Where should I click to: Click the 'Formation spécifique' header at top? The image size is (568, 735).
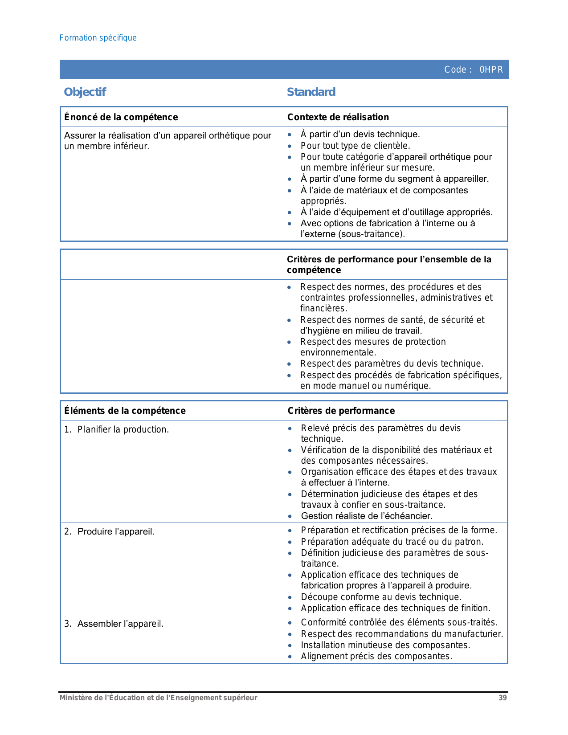tap(98, 38)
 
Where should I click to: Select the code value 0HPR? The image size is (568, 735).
tap(491, 70)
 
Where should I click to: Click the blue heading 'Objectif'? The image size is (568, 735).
tap(85, 92)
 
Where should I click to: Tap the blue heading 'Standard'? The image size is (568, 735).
tap(311, 92)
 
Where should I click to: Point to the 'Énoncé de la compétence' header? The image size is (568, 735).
tap(121, 117)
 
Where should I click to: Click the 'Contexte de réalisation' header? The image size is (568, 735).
tap(338, 117)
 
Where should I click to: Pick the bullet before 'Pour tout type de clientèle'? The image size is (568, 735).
tap(290, 146)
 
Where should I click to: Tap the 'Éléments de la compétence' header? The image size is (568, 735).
tap(125, 411)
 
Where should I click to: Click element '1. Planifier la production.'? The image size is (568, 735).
tap(116, 430)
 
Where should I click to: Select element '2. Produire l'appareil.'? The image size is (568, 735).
tap(109, 532)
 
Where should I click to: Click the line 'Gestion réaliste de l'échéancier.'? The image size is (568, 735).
tap(367, 516)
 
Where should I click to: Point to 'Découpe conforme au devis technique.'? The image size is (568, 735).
tap(381, 597)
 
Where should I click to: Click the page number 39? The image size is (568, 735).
tap(503, 698)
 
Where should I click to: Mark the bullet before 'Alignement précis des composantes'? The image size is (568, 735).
tap(290, 657)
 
